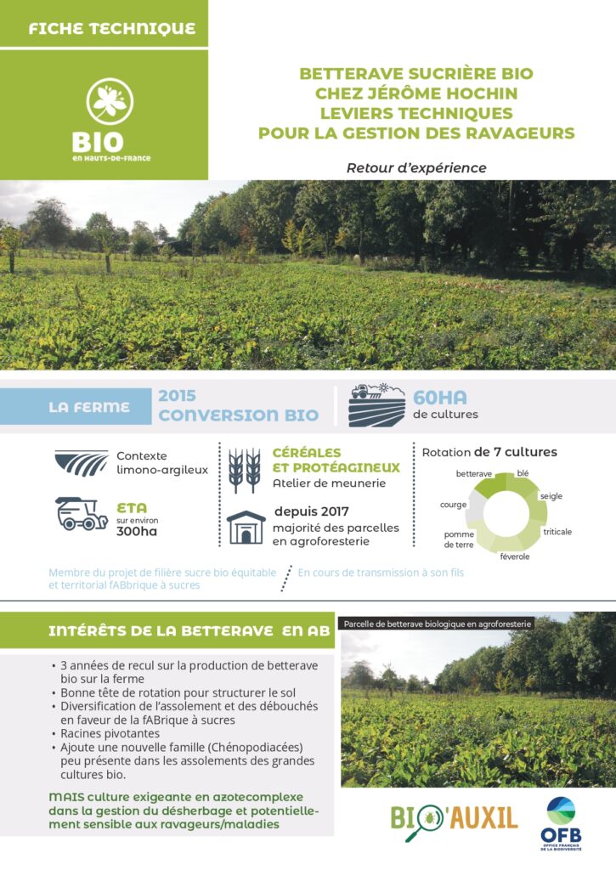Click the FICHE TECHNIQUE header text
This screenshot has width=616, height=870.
(x=112, y=28)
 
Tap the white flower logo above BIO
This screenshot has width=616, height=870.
(x=110, y=101)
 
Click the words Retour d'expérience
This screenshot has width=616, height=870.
(x=416, y=167)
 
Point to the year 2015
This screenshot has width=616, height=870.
(x=177, y=396)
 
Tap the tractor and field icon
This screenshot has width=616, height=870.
(x=376, y=405)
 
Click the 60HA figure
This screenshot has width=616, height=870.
(x=440, y=398)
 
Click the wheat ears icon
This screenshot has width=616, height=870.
(x=245, y=471)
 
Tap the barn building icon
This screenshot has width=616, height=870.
(x=246, y=528)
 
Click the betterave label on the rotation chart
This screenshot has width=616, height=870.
(x=474, y=474)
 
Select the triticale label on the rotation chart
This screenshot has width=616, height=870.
(x=557, y=532)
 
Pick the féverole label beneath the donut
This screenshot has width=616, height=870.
(x=514, y=556)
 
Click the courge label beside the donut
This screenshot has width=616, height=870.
(x=454, y=505)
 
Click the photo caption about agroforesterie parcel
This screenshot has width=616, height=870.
(x=438, y=624)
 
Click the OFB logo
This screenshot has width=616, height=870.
(x=561, y=823)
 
